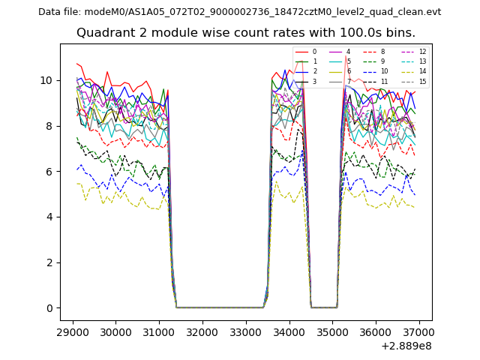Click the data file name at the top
(x=239, y=11)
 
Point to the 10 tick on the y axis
(x=47, y=80)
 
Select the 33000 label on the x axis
(x=245, y=331)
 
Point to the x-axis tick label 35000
(x=332, y=331)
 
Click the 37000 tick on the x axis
(x=418, y=331)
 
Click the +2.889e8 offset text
(x=406, y=346)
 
